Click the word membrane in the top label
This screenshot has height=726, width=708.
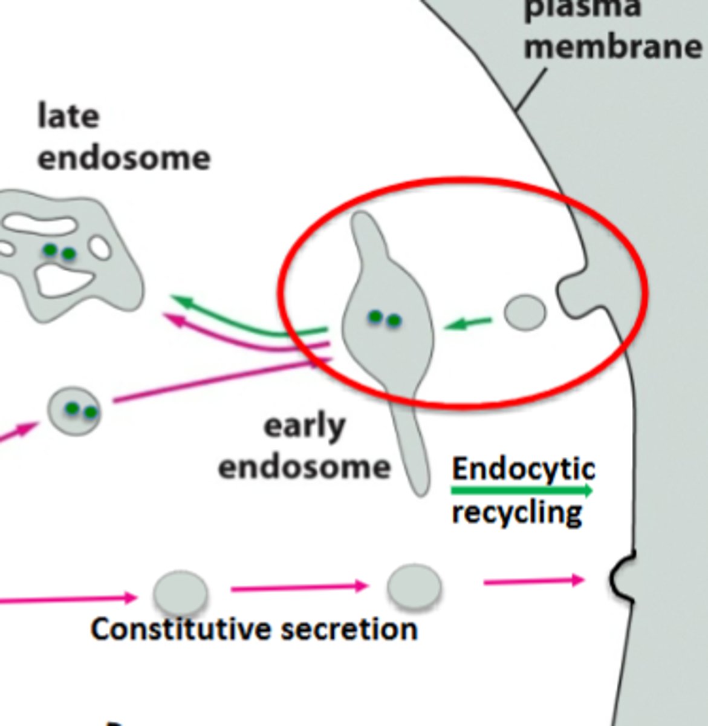click(612, 46)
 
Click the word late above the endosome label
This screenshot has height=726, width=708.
click(68, 116)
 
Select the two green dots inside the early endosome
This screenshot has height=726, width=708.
click(385, 318)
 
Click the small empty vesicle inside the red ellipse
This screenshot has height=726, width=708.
click(525, 313)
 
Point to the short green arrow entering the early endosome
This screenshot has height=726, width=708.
click(468, 324)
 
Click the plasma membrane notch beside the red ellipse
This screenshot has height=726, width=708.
click(574, 295)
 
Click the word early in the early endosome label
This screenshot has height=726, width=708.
click(304, 427)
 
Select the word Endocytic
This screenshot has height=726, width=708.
click(524, 468)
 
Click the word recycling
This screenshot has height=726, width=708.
click(517, 512)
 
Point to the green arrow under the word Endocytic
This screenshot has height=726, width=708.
click(522, 490)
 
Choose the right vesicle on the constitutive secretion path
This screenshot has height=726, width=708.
click(414, 586)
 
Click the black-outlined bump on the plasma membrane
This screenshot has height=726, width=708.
click(620, 577)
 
